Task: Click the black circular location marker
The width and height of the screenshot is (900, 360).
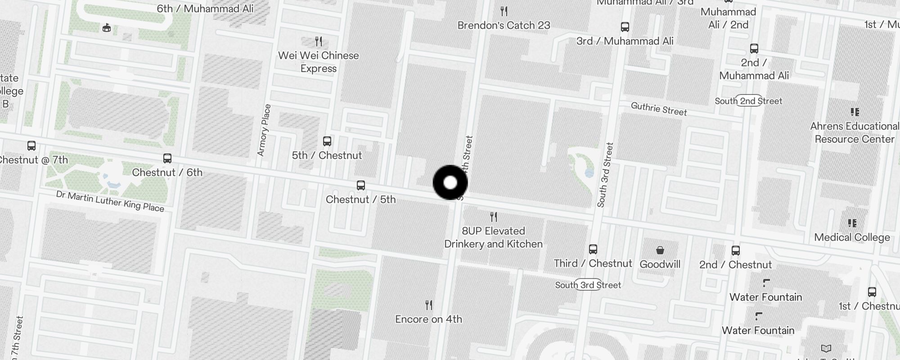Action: point(450,183)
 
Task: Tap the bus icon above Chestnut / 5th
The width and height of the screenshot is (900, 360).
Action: point(360,185)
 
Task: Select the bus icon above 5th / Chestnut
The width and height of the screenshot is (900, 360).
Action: point(327,141)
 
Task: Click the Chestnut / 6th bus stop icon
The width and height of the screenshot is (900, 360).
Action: point(167,158)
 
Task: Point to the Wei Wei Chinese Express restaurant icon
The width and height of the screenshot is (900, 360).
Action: point(319,42)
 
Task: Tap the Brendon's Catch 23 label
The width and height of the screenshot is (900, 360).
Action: point(504,25)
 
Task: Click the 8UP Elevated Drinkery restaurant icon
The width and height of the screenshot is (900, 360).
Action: point(494,217)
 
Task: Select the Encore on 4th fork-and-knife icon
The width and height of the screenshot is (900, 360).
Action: point(429,305)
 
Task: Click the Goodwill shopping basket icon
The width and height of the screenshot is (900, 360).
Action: point(660,250)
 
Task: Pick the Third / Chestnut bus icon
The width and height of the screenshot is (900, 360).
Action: point(593,249)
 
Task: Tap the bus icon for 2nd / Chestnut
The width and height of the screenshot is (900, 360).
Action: point(735,251)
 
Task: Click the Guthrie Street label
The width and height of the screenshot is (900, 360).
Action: point(659,109)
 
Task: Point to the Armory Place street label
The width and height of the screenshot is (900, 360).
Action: point(264,130)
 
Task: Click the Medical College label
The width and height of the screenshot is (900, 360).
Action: point(852,237)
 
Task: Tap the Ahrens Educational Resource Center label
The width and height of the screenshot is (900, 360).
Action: point(854,132)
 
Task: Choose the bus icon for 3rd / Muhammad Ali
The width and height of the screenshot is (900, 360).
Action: point(625,27)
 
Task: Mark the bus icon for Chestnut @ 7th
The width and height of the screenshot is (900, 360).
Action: point(31,146)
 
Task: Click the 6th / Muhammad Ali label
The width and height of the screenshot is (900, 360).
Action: point(205,9)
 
